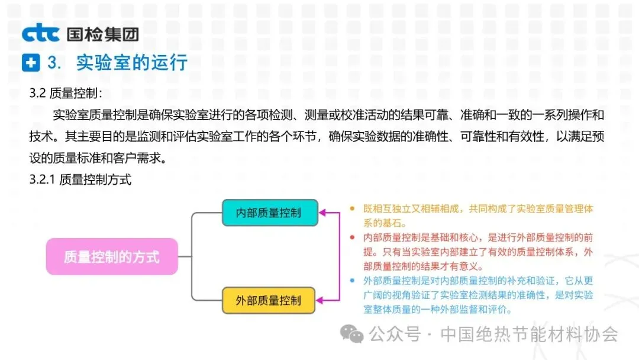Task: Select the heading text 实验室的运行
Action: pos(132,63)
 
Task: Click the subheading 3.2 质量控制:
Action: pos(66,93)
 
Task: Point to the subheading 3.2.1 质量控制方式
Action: pos(80,181)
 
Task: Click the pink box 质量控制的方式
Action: pos(112,257)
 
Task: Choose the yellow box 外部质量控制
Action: pos(269,300)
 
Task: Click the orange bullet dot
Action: pos(353,208)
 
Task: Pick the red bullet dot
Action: pos(353,237)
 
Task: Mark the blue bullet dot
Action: pos(353,281)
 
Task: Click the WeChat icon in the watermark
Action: pos(354,335)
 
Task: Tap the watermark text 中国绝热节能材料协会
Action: pos(530,335)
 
